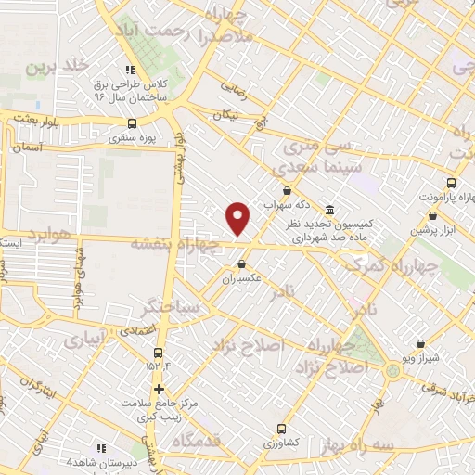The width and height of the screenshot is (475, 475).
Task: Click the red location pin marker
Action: click(238, 218)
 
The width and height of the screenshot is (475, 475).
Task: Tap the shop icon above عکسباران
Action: click(241, 263)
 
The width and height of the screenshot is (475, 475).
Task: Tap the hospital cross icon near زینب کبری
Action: click(160, 389)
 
